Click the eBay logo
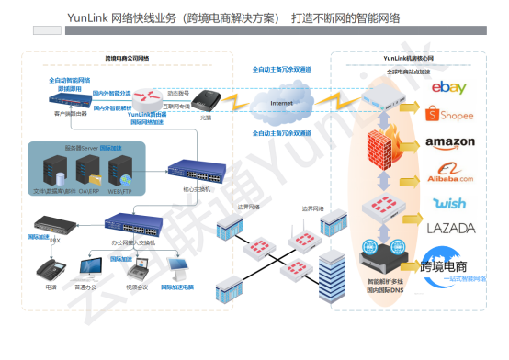coord(449,88)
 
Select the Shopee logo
coord(449,115)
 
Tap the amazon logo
coord(449,143)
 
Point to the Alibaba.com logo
coord(449,172)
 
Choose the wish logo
coord(449,202)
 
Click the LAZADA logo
coord(449,227)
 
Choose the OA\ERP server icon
coord(88,168)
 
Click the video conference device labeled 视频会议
coord(137,268)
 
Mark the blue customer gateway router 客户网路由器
coord(70,99)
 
